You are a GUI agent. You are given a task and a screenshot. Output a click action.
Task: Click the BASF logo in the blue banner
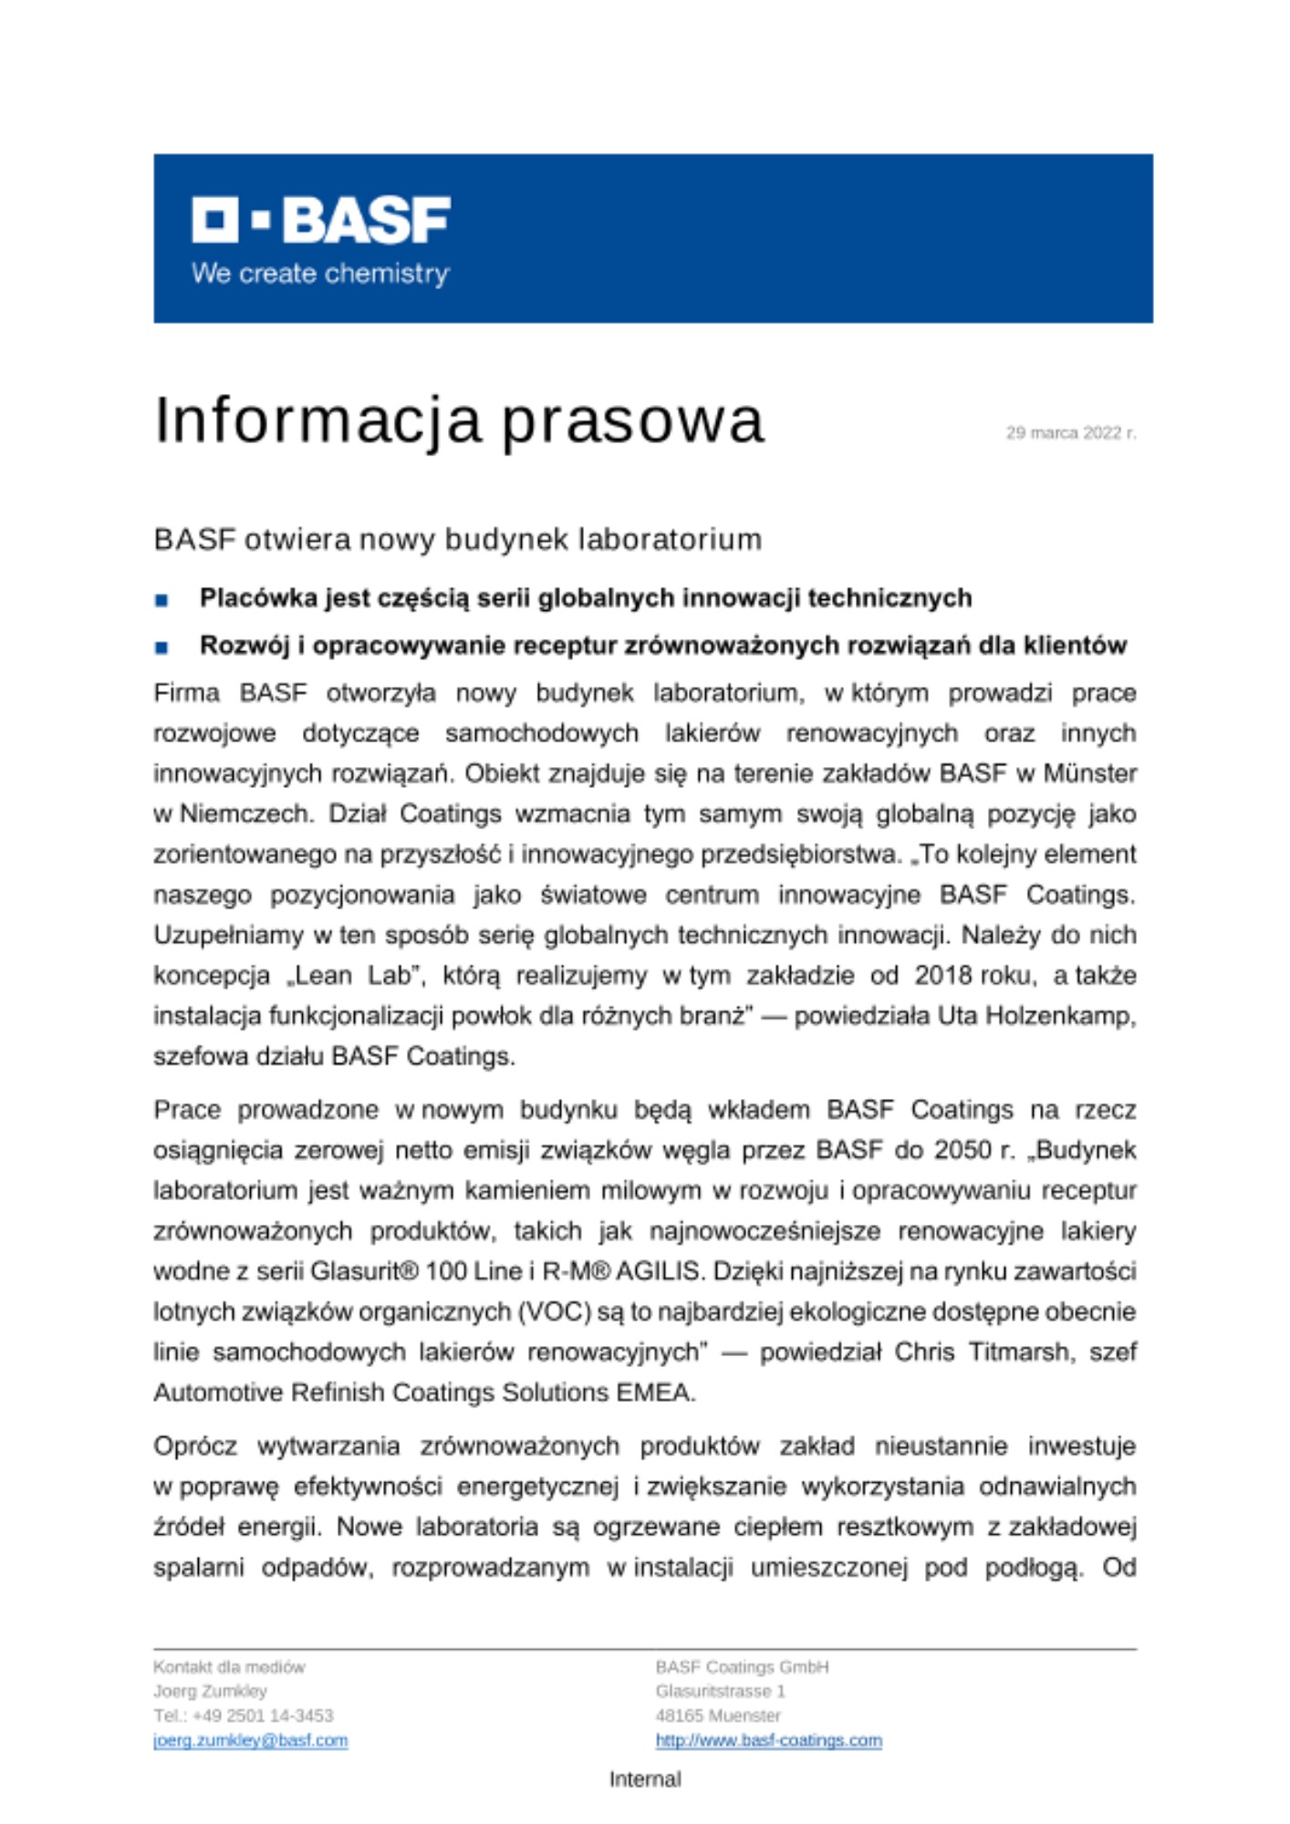[320, 220]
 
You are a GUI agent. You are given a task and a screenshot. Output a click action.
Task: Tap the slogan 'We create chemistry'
[320, 274]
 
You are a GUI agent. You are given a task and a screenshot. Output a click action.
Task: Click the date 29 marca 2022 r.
[1070, 432]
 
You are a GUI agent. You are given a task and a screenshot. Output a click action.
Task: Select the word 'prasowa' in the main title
[633, 421]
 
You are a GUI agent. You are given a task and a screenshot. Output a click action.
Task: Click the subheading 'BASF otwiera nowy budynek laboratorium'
[457, 540]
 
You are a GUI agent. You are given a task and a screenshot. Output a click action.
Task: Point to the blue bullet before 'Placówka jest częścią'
[161, 600]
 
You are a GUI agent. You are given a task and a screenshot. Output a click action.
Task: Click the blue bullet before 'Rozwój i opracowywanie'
[161, 648]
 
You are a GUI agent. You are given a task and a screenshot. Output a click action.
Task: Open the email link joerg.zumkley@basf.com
[250, 1740]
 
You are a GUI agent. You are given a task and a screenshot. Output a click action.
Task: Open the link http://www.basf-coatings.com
[768, 1740]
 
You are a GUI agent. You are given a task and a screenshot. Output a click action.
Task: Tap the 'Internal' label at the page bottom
[645, 1779]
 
